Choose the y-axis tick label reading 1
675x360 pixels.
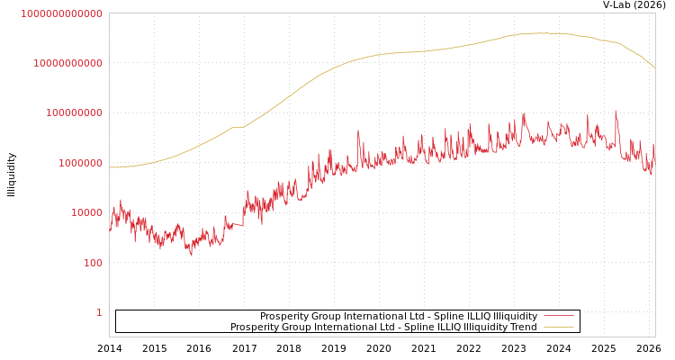click(99, 312)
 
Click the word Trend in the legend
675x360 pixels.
click(523, 328)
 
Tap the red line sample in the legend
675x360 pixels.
click(559, 317)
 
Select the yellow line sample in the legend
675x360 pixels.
click(559, 328)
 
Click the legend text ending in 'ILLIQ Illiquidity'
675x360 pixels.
click(399, 317)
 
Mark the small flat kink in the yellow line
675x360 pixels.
click(238, 127)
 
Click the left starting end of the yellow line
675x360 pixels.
click(110, 167)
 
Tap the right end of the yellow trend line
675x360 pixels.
click(654, 67)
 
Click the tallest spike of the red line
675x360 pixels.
click(616, 111)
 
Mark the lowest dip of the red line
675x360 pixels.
click(191, 256)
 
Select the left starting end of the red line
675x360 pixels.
click(110, 233)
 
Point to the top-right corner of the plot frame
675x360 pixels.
click(655, 13)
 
